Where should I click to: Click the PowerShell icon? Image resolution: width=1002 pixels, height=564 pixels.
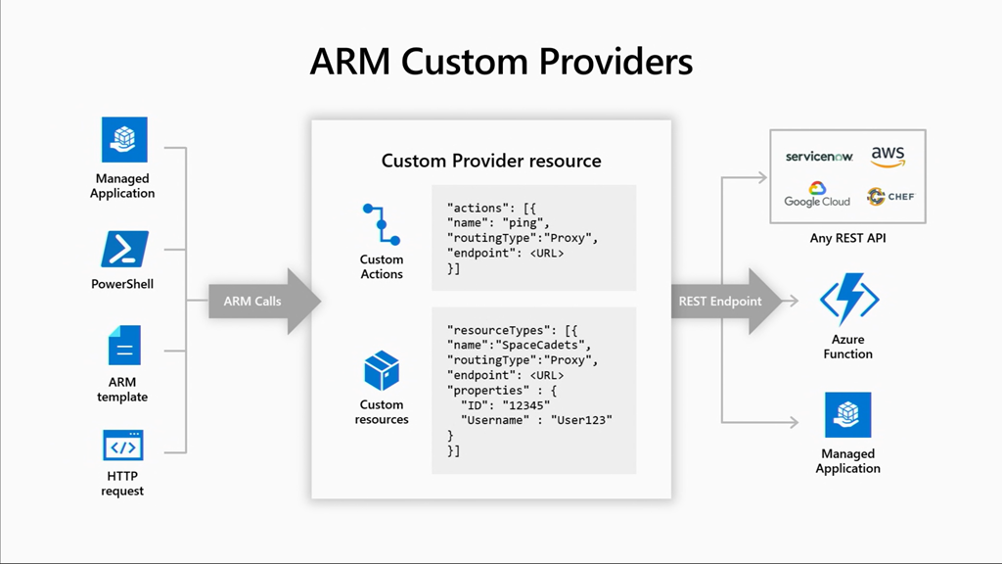click(x=124, y=249)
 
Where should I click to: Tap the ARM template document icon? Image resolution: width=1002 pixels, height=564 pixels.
click(x=124, y=346)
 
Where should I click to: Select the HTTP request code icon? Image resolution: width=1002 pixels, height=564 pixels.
click(x=123, y=446)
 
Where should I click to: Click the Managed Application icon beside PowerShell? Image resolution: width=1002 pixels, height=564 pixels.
click(x=124, y=139)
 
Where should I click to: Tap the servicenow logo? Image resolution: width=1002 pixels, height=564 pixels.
click(x=818, y=157)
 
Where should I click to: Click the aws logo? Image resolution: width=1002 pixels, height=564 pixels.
click(x=887, y=157)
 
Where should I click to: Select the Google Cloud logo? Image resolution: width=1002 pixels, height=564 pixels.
click(x=817, y=195)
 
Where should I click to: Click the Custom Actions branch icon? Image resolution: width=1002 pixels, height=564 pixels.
click(x=381, y=224)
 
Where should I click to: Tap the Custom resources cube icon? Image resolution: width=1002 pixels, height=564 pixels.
click(x=381, y=371)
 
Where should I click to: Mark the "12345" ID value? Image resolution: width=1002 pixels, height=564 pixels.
click(x=527, y=405)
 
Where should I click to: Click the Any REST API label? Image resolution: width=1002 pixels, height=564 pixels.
click(x=847, y=238)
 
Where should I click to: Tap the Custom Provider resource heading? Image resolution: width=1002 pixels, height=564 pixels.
click(x=491, y=161)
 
